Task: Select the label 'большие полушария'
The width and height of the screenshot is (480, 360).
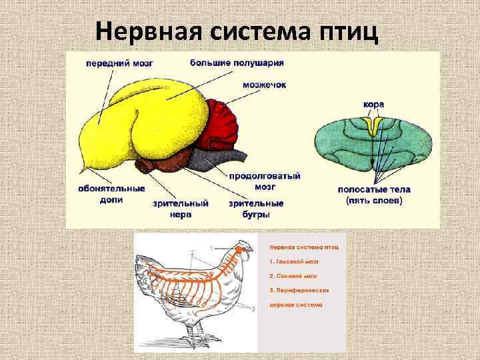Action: point(237,63)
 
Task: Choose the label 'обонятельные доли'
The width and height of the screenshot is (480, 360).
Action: point(111,193)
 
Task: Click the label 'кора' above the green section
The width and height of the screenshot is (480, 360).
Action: point(373,105)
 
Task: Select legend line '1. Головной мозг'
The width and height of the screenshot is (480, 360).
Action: point(293,261)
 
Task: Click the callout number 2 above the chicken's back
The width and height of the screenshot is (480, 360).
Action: point(192,252)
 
